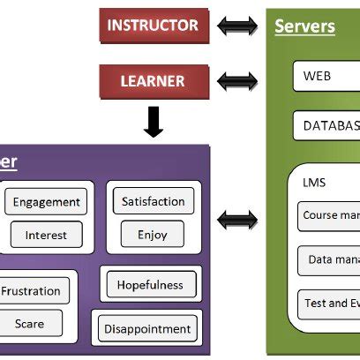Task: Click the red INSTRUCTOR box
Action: tap(153, 26)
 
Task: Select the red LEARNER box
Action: tap(153, 80)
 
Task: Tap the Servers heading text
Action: tap(304, 26)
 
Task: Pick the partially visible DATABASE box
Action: tap(327, 125)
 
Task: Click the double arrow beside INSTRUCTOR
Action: tap(237, 26)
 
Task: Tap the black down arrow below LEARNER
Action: tap(153, 121)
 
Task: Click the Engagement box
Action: tap(47, 202)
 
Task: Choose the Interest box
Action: tap(46, 236)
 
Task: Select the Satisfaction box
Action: tap(154, 201)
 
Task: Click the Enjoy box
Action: tap(153, 236)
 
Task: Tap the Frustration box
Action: tap(33, 291)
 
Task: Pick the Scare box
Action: tap(30, 324)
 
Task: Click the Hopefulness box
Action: tap(150, 284)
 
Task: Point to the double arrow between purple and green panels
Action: tap(237, 219)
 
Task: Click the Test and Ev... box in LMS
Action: tap(329, 303)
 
